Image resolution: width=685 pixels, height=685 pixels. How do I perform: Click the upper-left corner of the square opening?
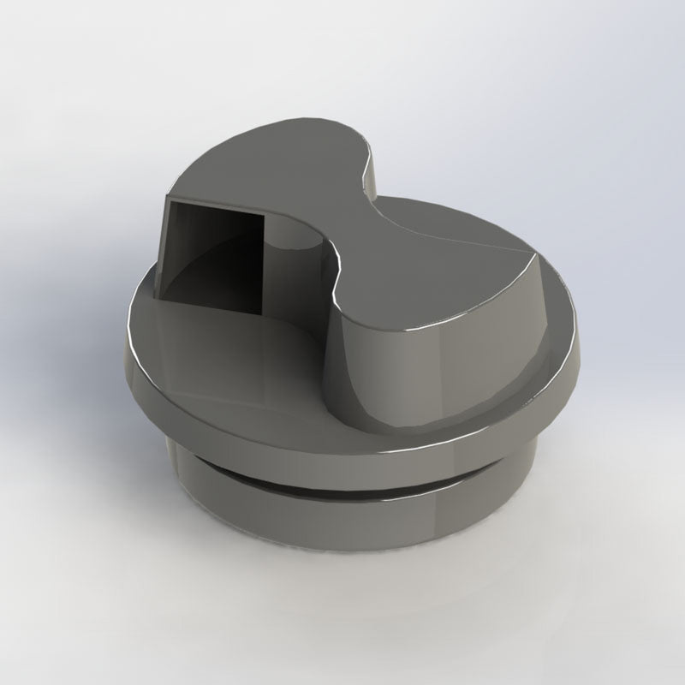[168, 203]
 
